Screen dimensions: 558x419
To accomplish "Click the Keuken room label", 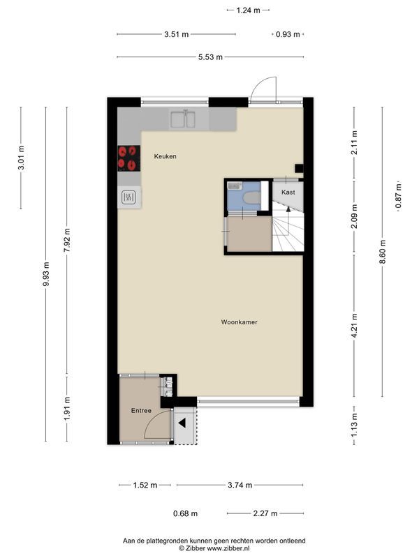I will (166, 156).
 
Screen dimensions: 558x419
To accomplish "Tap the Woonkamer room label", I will (240, 322).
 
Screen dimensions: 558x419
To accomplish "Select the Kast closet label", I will (288, 191).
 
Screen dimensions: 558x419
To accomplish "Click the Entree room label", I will (141, 411).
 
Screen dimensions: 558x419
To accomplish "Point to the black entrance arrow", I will (182, 423).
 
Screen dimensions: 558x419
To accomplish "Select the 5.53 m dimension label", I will (210, 57).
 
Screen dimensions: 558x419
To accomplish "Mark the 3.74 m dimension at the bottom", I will (240, 485).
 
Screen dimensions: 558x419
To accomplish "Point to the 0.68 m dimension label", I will (185, 514).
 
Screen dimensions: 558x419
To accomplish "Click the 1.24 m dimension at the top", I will (248, 10).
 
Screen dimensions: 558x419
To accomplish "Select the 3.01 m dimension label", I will (21, 157).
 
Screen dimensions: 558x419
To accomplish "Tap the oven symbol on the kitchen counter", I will (128, 197).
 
